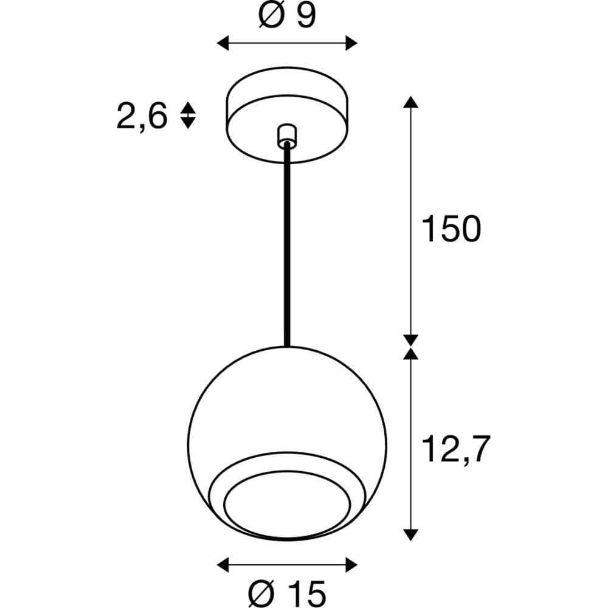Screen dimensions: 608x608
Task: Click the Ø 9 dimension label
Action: coord(287,16)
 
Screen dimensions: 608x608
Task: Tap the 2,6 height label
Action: coord(142,116)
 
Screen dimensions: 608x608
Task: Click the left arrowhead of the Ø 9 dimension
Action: coord(223,43)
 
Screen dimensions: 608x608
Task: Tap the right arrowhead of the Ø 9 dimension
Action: coord(351,43)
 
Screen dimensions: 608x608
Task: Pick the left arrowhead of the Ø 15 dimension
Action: coord(223,562)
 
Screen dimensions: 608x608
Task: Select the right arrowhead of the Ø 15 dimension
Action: coord(351,562)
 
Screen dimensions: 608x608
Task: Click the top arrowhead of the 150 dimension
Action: coord(412,102)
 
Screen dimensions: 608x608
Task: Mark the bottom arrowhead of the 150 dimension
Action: coord(412,340)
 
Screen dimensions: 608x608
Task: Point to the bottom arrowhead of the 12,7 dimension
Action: coord(412,534)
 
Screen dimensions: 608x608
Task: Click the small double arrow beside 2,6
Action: coord(188,115)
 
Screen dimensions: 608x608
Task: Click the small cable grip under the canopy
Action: coord(286,135)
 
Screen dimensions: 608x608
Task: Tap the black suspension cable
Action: coord(286,243)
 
